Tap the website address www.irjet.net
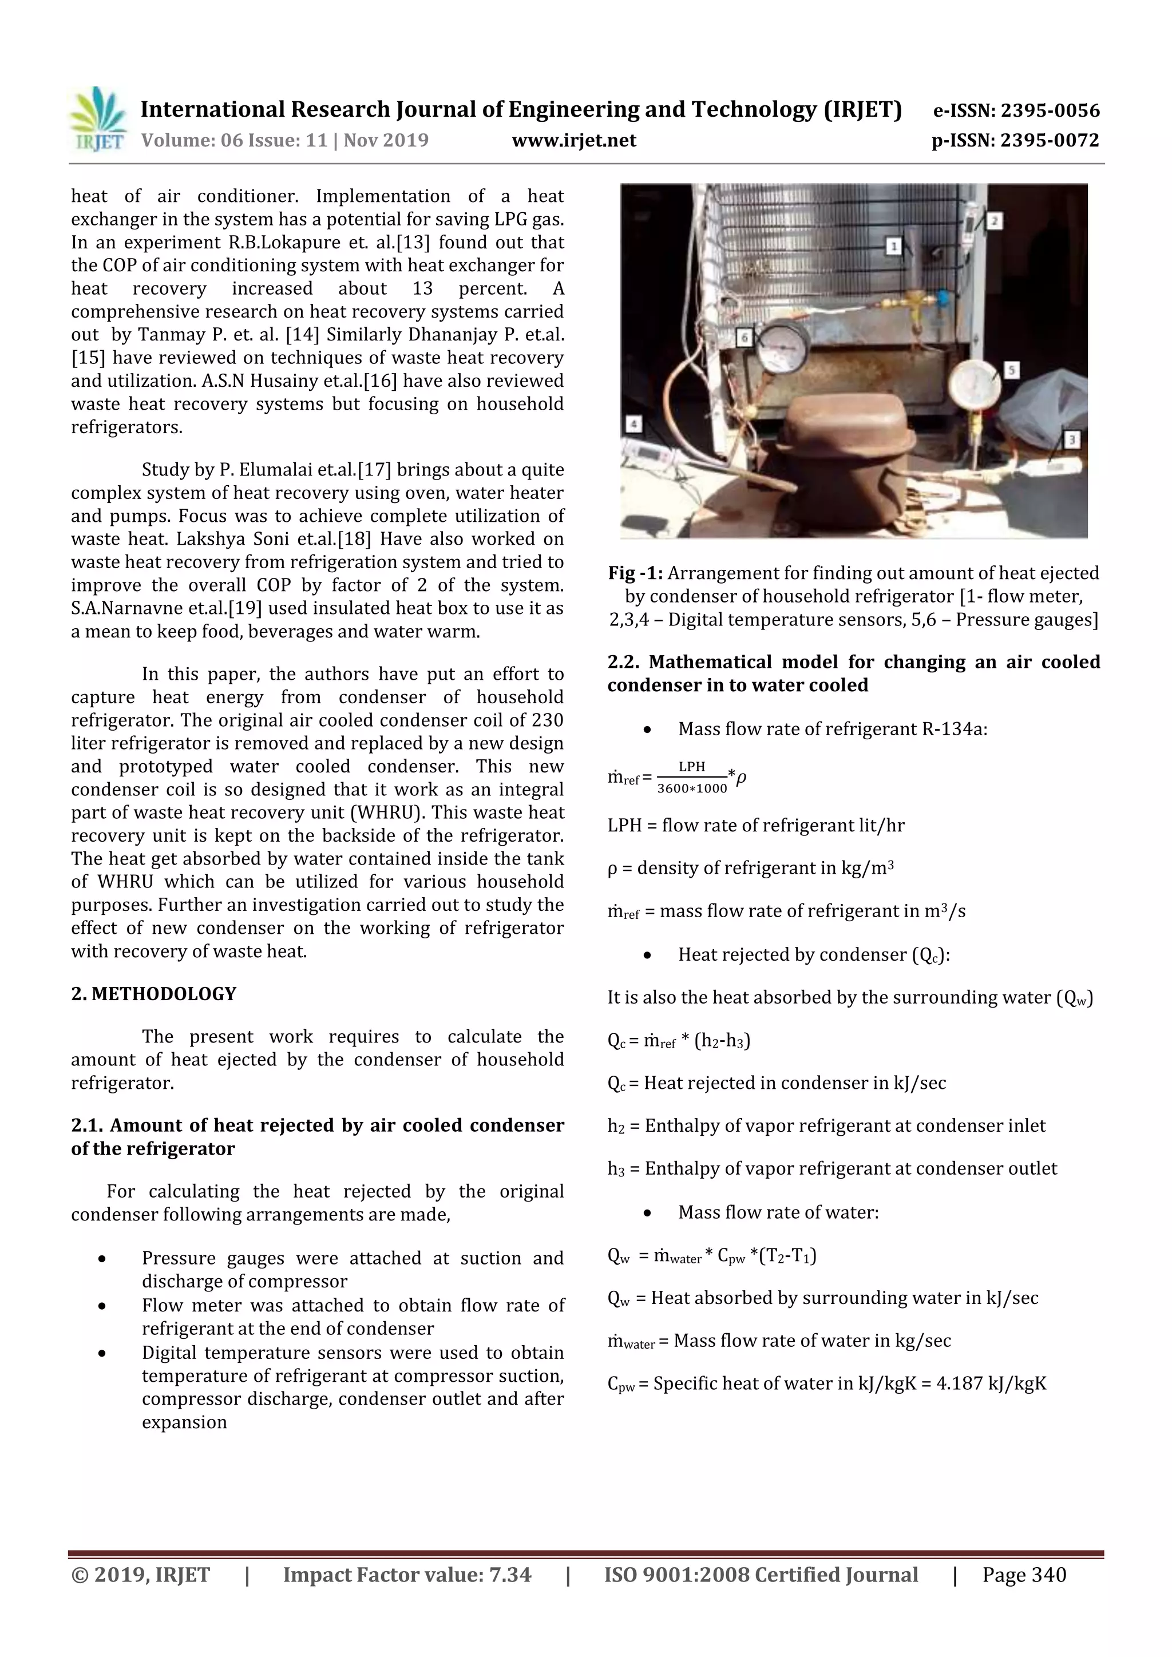click(x=574, y=140)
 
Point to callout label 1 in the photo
click(x=893, y=247)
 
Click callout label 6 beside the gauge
click(x=744, y=337)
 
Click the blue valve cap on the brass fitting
click(x=943, y=296)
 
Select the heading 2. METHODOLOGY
click(x=154, y=994)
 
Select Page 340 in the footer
click(x=1023, y=1575)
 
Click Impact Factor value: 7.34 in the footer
click(x=406, y=1575)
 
